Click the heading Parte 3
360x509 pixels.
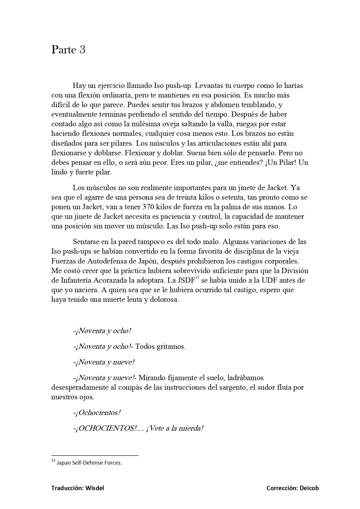point(68,50)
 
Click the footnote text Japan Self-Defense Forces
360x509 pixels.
point(89,463)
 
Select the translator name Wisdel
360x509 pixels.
point(95,488)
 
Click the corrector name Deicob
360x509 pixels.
point(309,488)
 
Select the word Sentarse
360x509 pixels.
point(86,242)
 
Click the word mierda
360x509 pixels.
point(191,428)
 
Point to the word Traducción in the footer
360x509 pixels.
point(67,488)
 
